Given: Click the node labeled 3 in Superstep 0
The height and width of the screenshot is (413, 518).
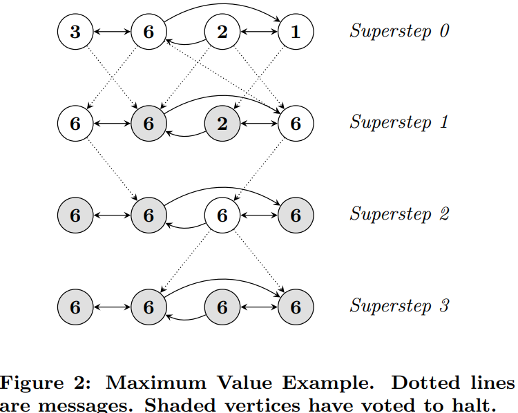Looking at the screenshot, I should [75, 32].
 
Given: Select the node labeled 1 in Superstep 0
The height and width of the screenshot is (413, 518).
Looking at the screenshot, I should [296, 32].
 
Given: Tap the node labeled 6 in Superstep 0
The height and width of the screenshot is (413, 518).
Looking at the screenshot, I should [148, 32].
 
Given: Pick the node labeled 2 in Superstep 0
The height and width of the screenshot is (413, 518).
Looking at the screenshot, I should [222, 32].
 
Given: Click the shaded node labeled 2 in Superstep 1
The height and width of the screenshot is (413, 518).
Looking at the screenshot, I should [222, 124].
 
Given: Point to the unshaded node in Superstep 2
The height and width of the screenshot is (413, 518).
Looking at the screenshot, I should [222, 215].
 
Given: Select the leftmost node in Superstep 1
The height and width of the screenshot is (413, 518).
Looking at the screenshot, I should [75, 124].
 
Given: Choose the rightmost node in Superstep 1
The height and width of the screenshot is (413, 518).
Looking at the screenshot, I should [296, 124].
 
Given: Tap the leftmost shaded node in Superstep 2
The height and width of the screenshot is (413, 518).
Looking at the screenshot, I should [75, 215].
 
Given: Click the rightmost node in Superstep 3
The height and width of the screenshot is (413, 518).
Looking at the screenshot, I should [296, 307].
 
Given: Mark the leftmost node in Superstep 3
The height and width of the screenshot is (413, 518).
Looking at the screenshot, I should [75, 307].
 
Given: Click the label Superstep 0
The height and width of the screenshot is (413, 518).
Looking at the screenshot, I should [399, 31].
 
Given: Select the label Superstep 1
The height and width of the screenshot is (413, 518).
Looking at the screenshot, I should [399, 122].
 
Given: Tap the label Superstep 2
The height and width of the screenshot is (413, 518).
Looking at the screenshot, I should [399, 214].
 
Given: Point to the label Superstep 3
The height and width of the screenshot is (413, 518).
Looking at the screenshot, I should [399, 305].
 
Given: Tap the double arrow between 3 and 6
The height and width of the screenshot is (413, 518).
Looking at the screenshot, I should [112, 32].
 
